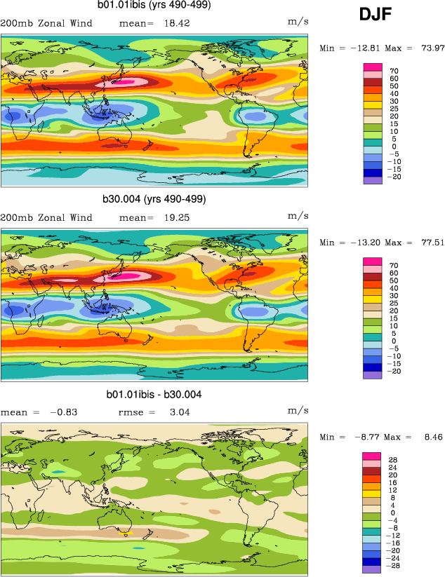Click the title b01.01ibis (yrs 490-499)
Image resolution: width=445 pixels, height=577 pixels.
point(155,6)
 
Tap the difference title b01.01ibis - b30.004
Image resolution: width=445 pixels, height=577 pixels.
point(154,395)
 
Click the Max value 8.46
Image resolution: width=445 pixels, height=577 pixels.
point(430,437)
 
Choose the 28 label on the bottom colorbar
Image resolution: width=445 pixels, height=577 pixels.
point(394,460)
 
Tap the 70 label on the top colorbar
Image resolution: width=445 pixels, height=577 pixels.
point(394,71)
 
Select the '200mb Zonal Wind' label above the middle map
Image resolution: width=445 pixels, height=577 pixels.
point(46,217)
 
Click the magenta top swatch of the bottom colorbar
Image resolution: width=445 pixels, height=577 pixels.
point(372,456)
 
